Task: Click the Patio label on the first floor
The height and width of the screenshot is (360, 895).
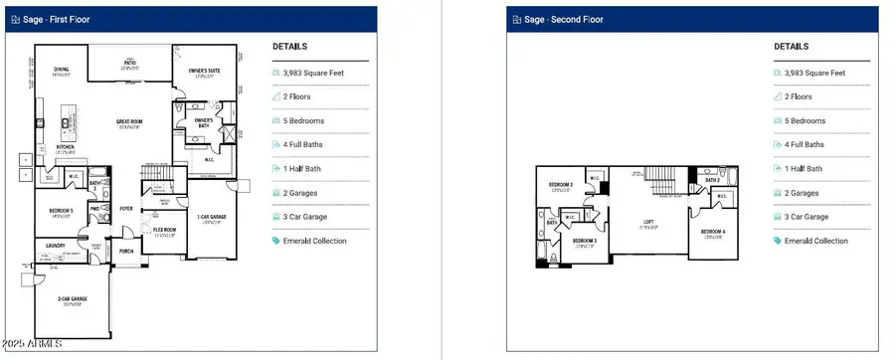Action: point(129,67)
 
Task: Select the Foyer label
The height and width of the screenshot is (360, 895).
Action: point(127,209)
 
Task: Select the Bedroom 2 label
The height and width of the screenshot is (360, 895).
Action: point(561,186)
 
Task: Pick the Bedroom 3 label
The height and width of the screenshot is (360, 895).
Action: point(584,242)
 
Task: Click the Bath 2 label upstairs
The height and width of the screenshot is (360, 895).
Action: point(712,180)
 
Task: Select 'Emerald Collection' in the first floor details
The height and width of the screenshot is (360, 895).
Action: point(318,241)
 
